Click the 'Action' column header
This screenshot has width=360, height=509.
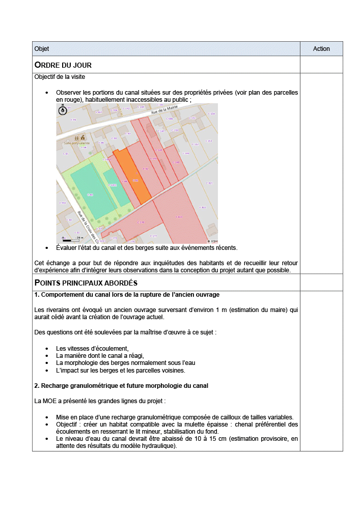321,49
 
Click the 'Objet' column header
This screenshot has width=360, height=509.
42,49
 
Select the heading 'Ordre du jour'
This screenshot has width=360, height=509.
63,65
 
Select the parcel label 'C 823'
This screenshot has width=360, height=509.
179,217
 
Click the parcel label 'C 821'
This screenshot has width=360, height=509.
209,183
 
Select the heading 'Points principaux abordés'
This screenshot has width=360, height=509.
86,282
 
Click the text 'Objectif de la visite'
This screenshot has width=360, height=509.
60,77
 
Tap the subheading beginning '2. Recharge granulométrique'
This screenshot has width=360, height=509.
121,385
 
